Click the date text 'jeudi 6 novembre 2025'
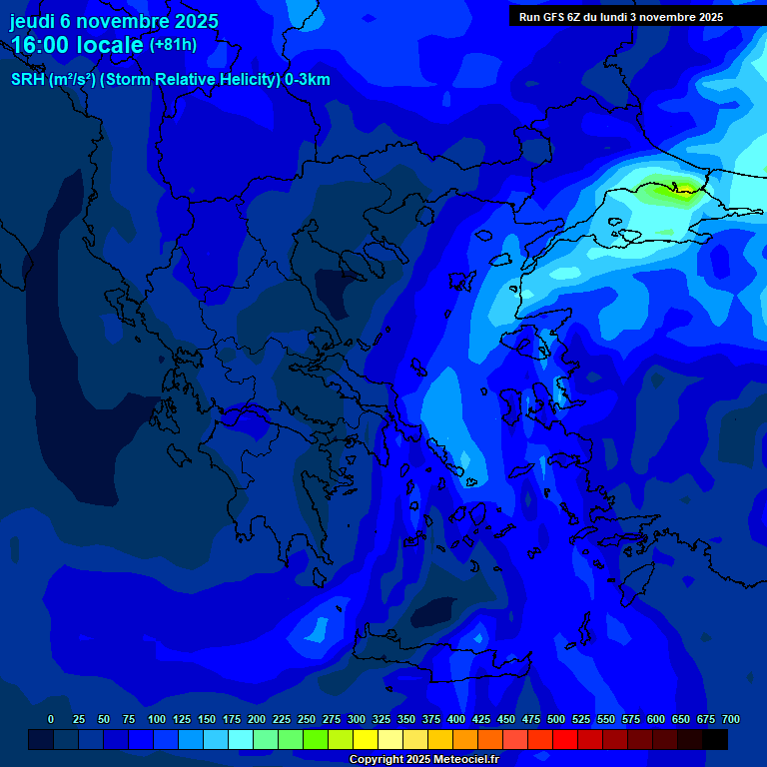click(x=114, y=21)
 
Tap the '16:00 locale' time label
click(x=77, y=45)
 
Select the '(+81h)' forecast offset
click(x=173, y=45)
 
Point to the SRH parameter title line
click(x=170, y=80)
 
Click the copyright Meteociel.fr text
click(x=423, y=759)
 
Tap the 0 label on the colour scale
click(x=51, y=719)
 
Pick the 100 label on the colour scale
click(x=157, y=719)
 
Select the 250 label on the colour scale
click(x=307, y=719)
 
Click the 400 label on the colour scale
click(x=456, y=719)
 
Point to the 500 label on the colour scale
click(x=556, y=719)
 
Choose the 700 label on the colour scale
click(x=731, y=719)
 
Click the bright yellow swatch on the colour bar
click(x=366, y=739)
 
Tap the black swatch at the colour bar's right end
click(x=715, y=739)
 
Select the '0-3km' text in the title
click(x=307, y=80)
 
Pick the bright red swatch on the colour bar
click(x=565, y=739)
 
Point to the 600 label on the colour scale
click(x=656, y=719)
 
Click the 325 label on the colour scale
click(x=382, y=719)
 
